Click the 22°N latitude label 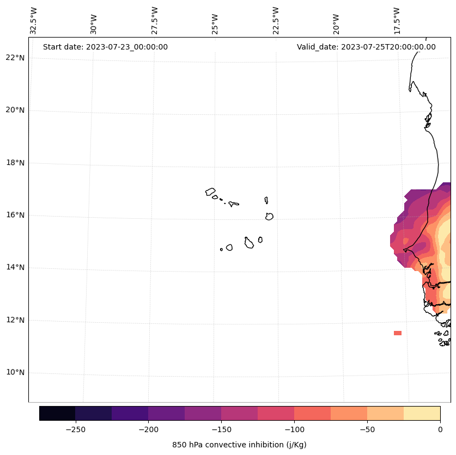click(x=15, y=58)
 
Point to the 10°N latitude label click(x=15, y=373)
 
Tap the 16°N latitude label click(x=15, y=215)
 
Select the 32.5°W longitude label click(x=34, y=20)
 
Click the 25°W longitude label click(x=215, y=22)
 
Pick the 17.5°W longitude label click(x=397, y=20)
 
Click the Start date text click(x=105, y=47)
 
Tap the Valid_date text click(x=366, y=47)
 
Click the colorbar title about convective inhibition click(x=239, y=445)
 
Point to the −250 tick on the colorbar click(x=75, y=429)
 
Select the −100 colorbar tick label click(x=294, y=429)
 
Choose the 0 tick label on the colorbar click(x=440, y=429)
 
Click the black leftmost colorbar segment click(x=57, y=413)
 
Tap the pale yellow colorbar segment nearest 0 click(x=422, y=413)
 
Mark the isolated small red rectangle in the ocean click(x=398, y=333)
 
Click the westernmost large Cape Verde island click(x=210, y=192)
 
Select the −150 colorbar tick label click(x=221, y=429)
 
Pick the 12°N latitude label click(x=15, y=320)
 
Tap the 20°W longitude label click(x=336, y=23)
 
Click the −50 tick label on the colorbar click(x=367, y=429)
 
